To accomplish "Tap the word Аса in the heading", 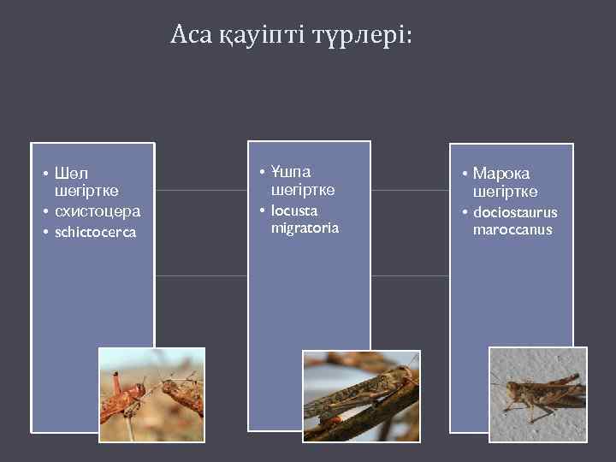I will (191, 34).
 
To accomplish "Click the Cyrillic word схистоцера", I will (98, 210).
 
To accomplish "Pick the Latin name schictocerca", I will (95, 232).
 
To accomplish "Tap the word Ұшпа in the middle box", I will (291, 172).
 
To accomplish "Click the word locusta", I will (294, 210).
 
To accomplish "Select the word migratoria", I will (305, 228).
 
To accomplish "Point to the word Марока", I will (501, 174).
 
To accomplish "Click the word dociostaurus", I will (515, 211).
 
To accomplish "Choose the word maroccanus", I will (512, 229).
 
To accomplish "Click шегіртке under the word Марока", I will (505, 192).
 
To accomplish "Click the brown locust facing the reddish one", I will (181, 394).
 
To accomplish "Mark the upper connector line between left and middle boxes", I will (201, 190).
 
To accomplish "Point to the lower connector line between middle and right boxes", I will (410, 276).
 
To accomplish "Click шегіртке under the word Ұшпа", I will (303, 190).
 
